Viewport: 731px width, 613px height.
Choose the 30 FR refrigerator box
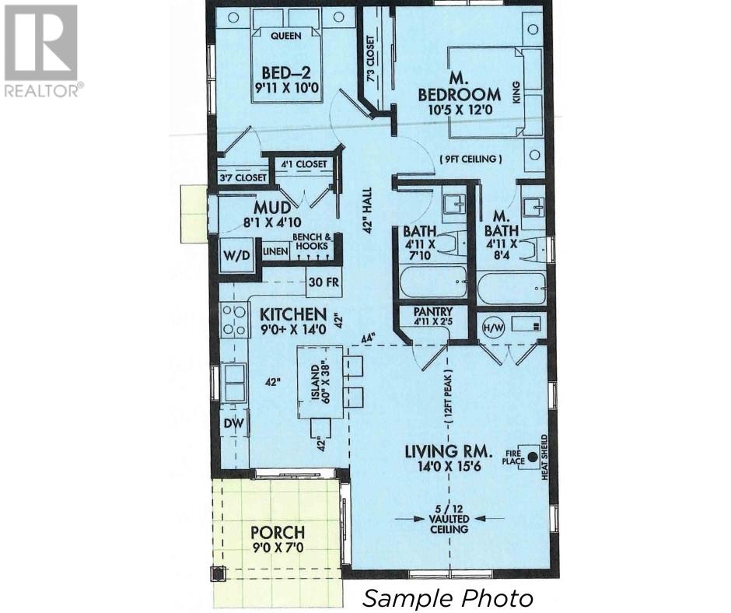point(324,282)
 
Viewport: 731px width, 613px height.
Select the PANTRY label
point(422,313)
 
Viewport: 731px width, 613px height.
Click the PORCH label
point(277,534)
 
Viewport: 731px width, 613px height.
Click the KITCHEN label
point(292,314)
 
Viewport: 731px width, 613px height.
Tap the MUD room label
point(275,208)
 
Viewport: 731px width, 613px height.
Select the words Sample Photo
point(449,598)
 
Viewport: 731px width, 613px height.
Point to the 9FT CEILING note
point(470,159)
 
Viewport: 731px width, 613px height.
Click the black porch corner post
point(218,574)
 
